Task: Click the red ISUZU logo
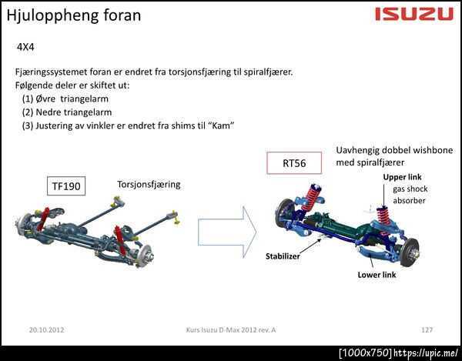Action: tap(414, 14)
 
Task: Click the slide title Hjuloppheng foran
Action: tap(74, 15)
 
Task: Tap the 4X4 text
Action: tap(25, 47)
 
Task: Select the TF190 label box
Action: tap(66, 186)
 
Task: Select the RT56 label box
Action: tap(294, 163)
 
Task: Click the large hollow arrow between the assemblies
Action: tap(227, 232)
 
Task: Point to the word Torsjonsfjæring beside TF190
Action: tap(149, 185)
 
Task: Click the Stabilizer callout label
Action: tap(283, 256)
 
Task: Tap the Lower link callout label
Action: tap(377, 275)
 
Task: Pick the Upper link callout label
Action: tap(402, 177)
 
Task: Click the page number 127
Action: tap(427, 329)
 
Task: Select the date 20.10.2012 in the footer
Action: tap(46, 329)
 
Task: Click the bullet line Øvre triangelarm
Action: tap(65, 99)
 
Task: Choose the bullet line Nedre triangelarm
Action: tap(67, 112)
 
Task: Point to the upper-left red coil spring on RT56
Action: tap(311, 198)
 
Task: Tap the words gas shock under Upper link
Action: tap(410, 189)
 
